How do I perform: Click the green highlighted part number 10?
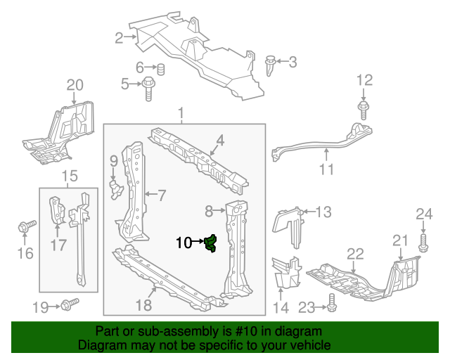click(x=210, y=244)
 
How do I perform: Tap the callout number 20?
click(x=75, y=86)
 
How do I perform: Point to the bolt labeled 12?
click(x=364, y=110)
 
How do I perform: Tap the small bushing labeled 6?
click(x=160, y=69)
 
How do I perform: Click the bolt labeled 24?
click(x=423, y=243)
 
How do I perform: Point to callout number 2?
click(x=119, y=38)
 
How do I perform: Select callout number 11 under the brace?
click(x=326, y=169)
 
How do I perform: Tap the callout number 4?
click(x=220, y=141)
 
